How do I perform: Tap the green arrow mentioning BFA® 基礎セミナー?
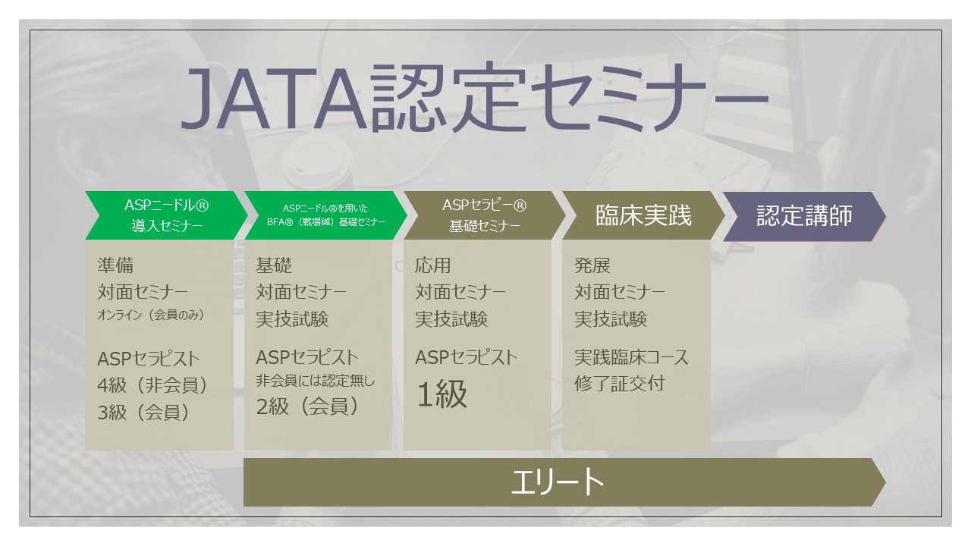pos(326,215)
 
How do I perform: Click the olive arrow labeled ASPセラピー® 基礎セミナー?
pos(485,215)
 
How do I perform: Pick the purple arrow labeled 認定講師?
pos(805,216)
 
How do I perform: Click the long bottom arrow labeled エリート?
pos(564,482)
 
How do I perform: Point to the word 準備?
pos(115,265)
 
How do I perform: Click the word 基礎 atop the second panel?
pos(274,265)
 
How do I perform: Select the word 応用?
pos(433,265)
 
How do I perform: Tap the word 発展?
pos(592,265)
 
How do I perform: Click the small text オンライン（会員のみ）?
pos(150,315)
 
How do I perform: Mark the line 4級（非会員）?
pos(152,384)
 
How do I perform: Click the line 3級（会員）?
pos(143,412)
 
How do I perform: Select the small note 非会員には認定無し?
pos(315,381)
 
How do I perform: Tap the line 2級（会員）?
pos(307,406)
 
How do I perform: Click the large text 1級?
pos(442,394)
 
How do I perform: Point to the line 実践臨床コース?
pos(632,357)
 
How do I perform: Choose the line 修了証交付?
pos(620,384)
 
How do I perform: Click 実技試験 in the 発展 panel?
pos(611,319)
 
